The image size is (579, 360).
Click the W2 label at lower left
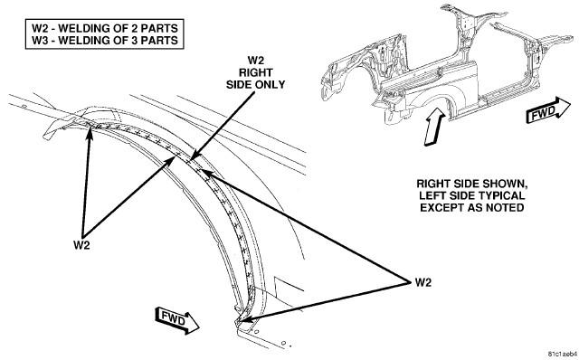click(x=81, y=245)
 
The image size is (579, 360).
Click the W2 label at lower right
click(x=422, y=282)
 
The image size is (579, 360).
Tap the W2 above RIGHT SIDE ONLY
click(x=255, y=61)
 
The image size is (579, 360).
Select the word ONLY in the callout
click(x=271, y=84)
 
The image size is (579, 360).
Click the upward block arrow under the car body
click(x=435, y=127)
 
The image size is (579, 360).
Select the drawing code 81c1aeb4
click(x=562, y=353)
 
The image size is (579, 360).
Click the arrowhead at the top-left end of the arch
click(x=90, y=130)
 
